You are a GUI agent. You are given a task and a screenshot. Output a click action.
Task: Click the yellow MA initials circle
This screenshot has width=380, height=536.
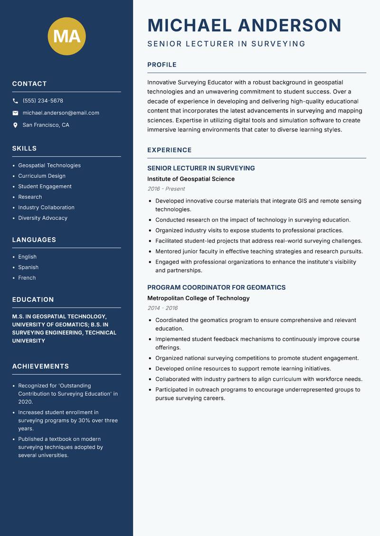click(x=67, y=36)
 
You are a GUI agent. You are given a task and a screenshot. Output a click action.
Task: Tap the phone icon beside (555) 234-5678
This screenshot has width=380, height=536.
click(x=15, y=101)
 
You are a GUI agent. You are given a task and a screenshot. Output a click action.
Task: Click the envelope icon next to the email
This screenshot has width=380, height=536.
click(x=15, y=113)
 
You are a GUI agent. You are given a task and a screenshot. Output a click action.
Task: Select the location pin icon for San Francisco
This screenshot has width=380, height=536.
click(x=15, y=125)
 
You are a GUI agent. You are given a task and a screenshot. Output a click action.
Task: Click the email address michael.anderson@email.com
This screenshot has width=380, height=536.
click(x=61, y=113)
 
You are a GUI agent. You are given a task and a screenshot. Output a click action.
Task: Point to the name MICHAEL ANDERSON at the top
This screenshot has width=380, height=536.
click(x=244, y=25)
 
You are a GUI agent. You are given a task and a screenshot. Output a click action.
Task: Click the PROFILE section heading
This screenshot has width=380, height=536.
click(x=161, y=65)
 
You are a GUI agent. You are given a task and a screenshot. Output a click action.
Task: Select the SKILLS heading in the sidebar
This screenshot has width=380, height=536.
click(x=24, y=148)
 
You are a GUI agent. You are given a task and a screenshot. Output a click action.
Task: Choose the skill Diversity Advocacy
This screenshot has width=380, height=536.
click(x=43, y=218)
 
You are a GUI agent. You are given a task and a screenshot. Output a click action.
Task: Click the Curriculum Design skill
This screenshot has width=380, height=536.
click(x=42, y=176)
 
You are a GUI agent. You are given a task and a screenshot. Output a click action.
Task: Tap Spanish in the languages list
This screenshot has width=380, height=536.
click(x=28, y=268)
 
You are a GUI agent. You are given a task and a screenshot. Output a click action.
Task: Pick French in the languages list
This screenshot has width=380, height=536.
click(x=27, y=278)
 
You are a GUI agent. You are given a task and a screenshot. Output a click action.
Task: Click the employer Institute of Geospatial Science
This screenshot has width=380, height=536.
click(x=191, y=179)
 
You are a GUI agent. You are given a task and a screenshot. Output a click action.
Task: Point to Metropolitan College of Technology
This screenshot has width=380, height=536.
click(x=198, y=298)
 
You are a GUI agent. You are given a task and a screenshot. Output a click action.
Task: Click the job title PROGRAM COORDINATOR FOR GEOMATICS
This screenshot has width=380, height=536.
click(x=216, y=287)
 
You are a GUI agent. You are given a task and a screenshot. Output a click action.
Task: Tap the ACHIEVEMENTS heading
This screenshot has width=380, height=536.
click(x=40, y=367)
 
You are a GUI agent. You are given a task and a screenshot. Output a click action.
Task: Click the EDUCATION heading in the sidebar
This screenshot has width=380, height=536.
click(x=33, y=300)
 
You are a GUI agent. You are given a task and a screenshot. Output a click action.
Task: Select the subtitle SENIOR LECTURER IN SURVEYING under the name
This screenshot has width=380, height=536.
click(x=226, y=44)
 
